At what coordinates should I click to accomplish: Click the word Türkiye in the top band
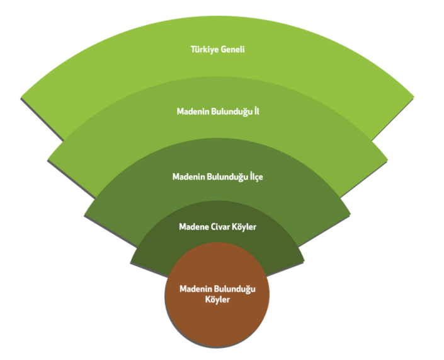pos(205,49)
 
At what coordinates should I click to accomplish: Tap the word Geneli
pos(234,49)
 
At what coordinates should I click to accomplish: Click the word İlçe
pos(255,177)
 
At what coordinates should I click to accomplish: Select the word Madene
pos(193,226)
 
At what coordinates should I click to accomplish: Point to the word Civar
pos(220,226)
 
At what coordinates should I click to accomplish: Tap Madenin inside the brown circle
pos(195,289)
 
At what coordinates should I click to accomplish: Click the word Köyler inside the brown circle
pos(217,300)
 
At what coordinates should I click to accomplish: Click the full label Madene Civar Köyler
pos(217,226)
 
